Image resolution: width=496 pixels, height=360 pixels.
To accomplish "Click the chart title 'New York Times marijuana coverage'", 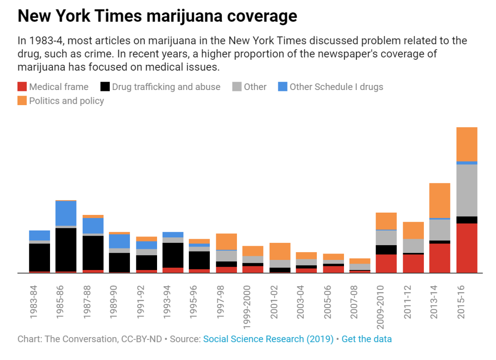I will (x=157, y=17).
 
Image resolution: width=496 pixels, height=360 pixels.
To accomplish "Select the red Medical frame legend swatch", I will (x=22, y=87).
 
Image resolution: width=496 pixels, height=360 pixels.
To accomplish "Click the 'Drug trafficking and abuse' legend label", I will (x=166, y=87).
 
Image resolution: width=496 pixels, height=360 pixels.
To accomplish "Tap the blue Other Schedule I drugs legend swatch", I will (x=282, y=87).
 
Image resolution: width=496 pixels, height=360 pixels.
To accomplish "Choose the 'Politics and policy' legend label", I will (x=67, y=101).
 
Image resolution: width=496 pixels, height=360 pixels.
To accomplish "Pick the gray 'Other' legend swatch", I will (x=237, y=87).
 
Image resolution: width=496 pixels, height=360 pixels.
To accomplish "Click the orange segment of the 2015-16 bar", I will (x=467, y=144).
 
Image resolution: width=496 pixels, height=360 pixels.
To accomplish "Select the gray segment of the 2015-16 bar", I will (x=467, y=190).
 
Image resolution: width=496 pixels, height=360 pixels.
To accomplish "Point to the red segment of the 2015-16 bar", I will (x=467, y=248).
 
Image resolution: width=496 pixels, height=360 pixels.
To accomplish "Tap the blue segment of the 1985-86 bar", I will (x=66, y=213).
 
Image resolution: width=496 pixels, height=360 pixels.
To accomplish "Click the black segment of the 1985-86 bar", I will (x=66, y=249).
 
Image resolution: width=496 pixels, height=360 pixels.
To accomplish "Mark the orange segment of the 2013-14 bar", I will (x=440, y=200).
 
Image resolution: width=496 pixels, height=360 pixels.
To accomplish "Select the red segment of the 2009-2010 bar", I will (x=386, y=264).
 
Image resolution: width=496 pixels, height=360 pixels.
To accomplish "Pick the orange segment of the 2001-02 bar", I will (x=280, y=251).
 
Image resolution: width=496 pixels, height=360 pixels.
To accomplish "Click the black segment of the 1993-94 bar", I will (x=173, y=255).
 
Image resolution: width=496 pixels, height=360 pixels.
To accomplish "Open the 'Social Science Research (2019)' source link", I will (x=268, y=339).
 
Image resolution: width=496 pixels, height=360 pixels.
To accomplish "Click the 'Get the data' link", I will (x=366, y=339).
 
